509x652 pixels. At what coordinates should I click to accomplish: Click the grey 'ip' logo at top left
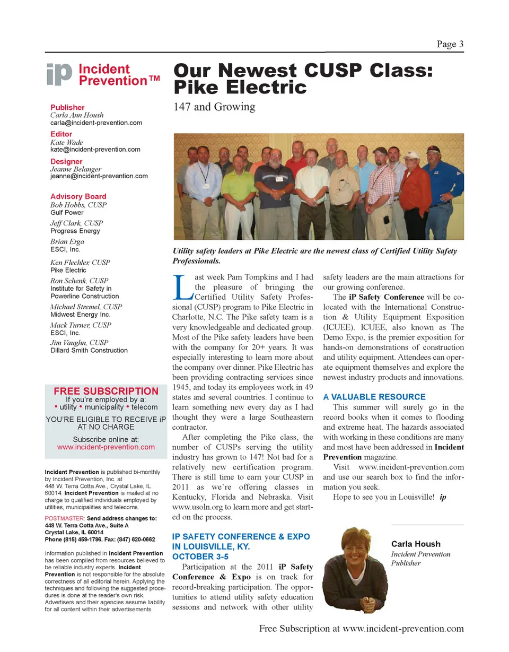pos(59,76)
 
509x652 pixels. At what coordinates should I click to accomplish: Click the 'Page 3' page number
pos(450,44)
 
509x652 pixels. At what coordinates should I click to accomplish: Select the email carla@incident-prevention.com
pos(96,123)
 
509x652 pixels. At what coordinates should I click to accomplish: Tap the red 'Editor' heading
pos(61,134)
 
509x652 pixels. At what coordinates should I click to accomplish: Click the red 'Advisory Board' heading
pos(78,196)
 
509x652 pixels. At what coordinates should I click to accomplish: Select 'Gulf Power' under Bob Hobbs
pos(67,212)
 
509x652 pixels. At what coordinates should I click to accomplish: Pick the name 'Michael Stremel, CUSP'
pos(86,307)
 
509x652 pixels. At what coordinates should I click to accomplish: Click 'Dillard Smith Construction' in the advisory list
pos(89,350)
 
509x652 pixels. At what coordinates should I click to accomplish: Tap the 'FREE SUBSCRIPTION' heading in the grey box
pos(106,392)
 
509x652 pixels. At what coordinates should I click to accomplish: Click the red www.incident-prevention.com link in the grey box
pos(106,447)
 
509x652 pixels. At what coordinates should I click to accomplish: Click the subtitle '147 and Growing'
pos(214,107)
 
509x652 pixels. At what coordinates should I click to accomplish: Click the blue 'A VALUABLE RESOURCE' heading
pos(374,397)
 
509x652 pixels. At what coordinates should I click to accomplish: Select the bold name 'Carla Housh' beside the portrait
pos(416,544)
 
